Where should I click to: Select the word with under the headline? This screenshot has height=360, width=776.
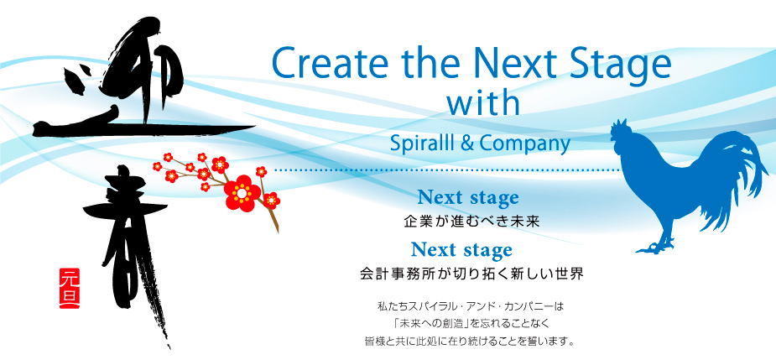(483, 102)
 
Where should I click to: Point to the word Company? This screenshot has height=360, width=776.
(525, 144)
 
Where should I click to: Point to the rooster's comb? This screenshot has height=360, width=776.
(619, 126)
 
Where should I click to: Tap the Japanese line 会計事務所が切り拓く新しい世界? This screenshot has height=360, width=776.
(471, 274)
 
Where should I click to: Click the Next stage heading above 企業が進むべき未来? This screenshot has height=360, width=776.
(468, 197)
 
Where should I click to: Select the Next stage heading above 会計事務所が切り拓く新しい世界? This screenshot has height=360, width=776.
(461, 250)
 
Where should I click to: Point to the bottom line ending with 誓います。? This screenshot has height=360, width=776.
(469, 342)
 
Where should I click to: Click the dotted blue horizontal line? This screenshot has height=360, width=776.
(448, 170)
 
